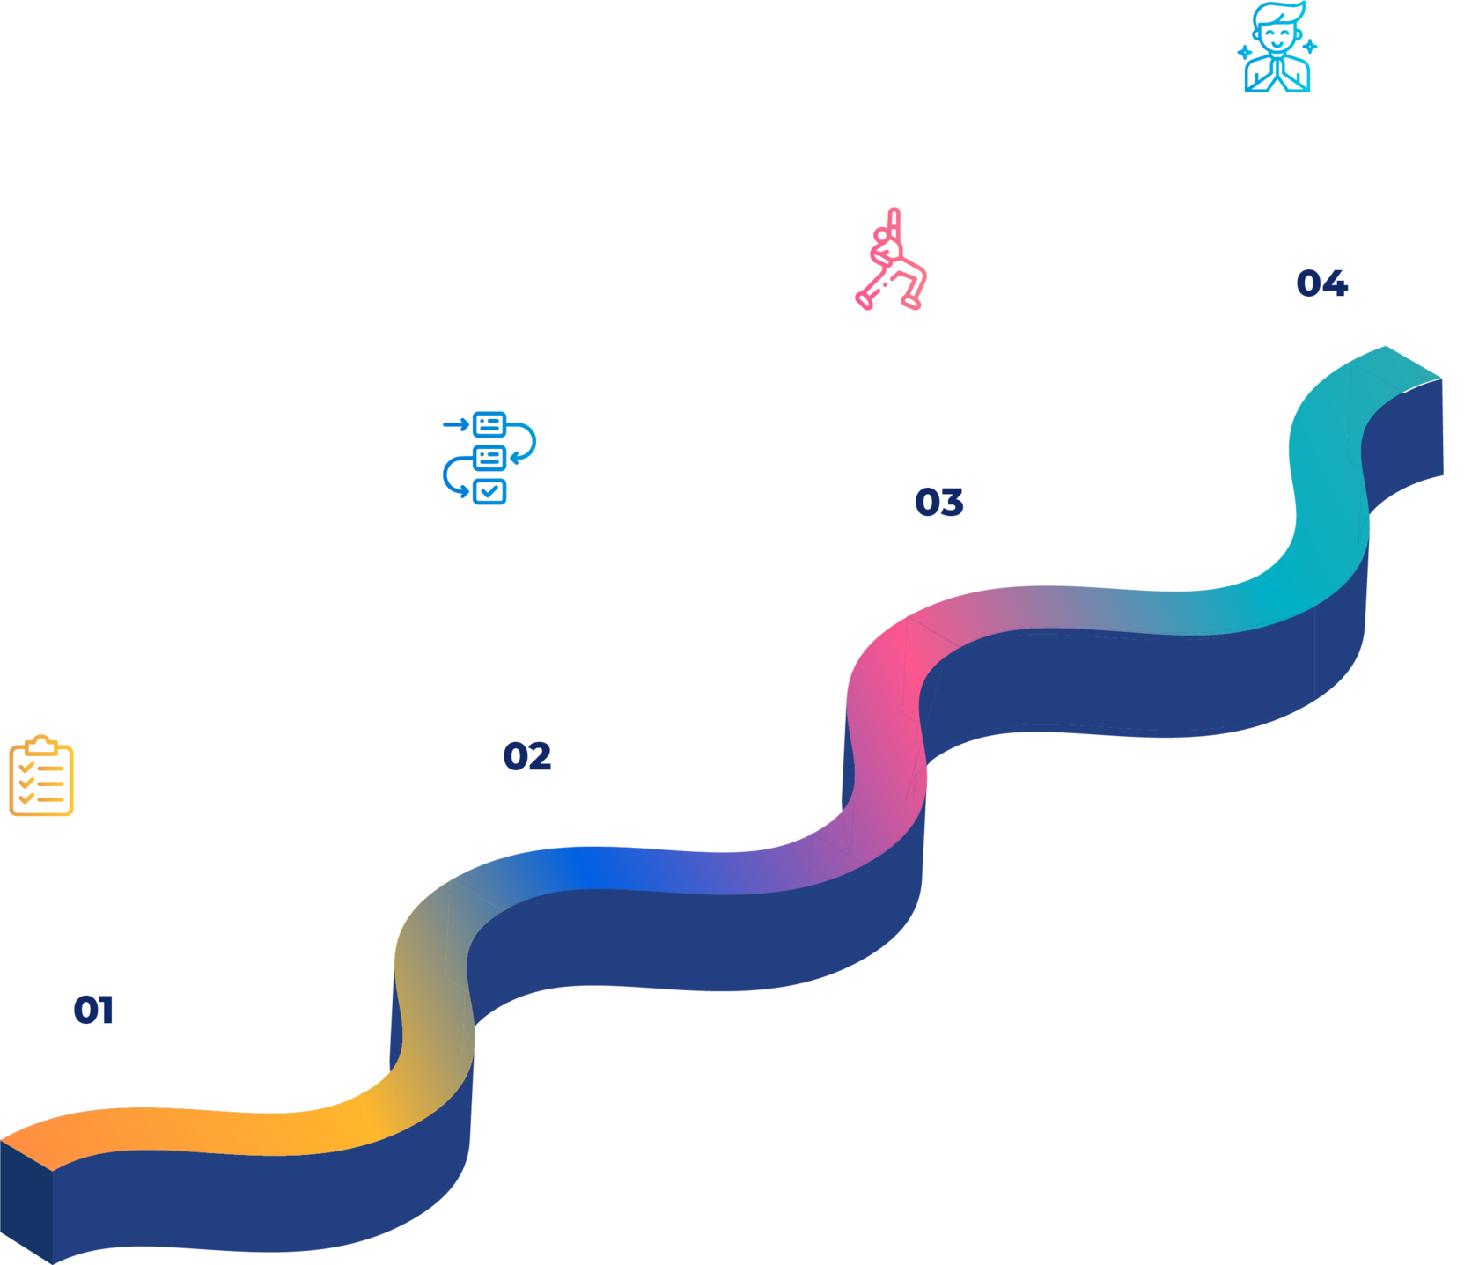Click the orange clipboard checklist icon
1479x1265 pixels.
point(40,775)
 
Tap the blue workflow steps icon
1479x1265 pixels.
point(489,458)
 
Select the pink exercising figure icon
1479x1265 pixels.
point(891,260)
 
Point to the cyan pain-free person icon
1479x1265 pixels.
point(1277,48)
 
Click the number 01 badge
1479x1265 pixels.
point(93,1010)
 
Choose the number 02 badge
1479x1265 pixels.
point(526,755)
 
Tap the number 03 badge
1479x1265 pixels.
point(938,502)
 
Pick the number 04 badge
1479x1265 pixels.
point(1321,283)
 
